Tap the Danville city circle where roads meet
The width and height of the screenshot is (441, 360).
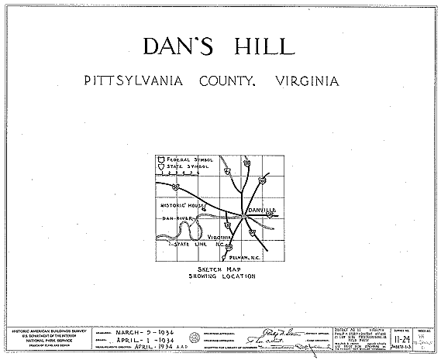point(243,217)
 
